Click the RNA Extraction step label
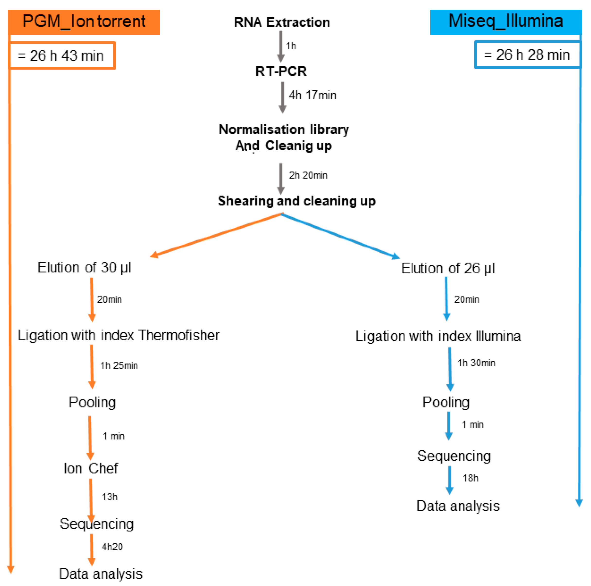pyautogui.click(x=282, y=22)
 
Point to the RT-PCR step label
pyautogui.click(x=281, y=71)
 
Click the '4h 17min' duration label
pyautogui.click(x=312, y=95)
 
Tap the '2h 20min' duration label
pyautogui.click(x=308, y=175)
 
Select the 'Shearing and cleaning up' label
pyautogui.click(x=296, y=201)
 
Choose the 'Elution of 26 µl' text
pyautogui.click(x=448, y=268)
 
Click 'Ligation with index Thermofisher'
pyautogui.click(x=119, y=336)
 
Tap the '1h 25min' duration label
pyautogui.click(x=119, y=365)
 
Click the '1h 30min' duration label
pyautogui.click(x=476, y=363)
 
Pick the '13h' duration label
pyautogui.click(x=110, y=497)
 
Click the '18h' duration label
pyautogui.click(x=470, y=478)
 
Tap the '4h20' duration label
pyautogui.click(x=112, y=547)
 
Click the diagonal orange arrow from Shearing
pyautogui.click(x=216, y=235)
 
